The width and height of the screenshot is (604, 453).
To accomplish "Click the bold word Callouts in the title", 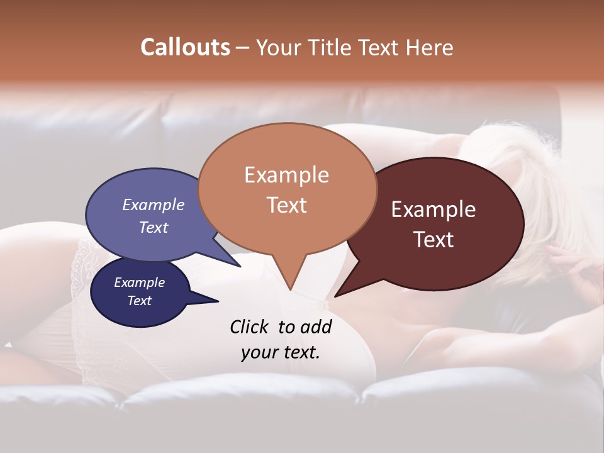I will [x=185, y=47].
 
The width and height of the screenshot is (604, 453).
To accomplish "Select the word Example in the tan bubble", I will [x=286, y=175].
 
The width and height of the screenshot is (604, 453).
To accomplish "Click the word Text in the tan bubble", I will [x=286, y=205].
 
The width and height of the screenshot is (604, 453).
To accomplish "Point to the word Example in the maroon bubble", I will [x=433, y=210].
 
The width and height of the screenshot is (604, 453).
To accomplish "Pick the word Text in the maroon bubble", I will [x=433, y=240].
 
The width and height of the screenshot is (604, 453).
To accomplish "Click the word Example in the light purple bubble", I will [x=154, y=205].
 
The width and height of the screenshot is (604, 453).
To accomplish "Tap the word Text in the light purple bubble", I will [x=154, y=227].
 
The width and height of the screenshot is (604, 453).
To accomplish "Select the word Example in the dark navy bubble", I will [x=140, y=282].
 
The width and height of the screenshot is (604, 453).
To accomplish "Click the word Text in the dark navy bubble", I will [x=140, y=301].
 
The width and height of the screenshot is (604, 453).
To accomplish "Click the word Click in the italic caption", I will [x=250, y=327].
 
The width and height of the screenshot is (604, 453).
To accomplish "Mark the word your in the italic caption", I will [x=259, y=352].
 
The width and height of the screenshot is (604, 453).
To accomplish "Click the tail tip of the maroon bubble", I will [x=336, y=296].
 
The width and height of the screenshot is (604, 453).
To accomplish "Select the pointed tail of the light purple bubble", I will [x=240, y=266].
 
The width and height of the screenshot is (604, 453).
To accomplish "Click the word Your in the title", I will [x=279, y=47].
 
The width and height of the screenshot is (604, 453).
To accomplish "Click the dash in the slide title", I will [x=243, y=48].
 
